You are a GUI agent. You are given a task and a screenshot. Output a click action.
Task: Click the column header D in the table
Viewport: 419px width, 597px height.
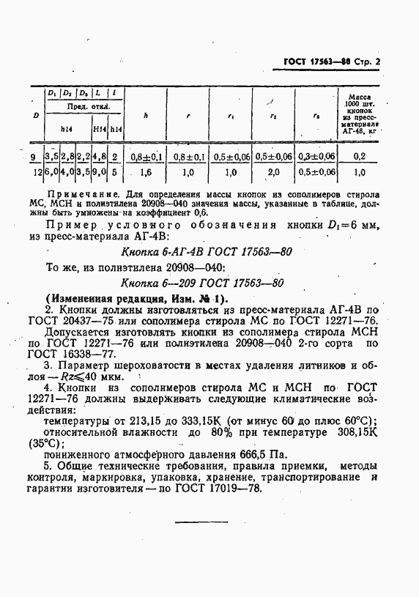[x=36, y=115]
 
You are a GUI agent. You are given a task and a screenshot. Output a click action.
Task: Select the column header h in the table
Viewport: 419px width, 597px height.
[x=145, y=114]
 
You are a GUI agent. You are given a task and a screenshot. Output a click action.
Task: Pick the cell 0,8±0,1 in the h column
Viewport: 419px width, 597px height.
[x=146, y=157]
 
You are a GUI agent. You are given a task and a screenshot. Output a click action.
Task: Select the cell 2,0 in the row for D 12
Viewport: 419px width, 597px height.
[x=273, y=172]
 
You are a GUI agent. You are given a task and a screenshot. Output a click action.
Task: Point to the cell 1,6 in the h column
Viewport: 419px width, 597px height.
[x=145, y=172]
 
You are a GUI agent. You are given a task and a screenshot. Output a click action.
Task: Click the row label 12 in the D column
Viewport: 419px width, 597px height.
[x=36, y=172]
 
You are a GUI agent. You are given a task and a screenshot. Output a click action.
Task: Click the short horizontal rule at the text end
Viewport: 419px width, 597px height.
[x=201, y=521]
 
